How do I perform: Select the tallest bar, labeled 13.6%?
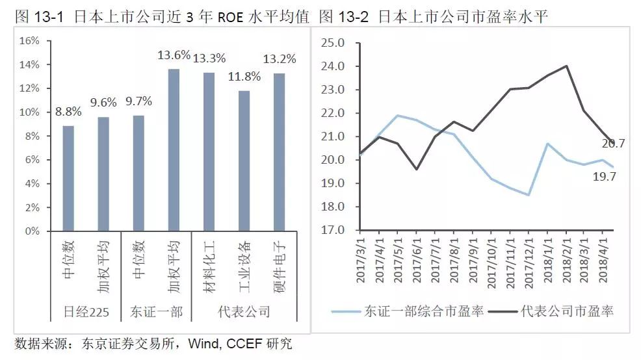pos(174,149)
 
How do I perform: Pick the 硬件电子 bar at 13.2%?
pos(279,152)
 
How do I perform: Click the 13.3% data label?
pos(209,58)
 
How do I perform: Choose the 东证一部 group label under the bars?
pos(156,312)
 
